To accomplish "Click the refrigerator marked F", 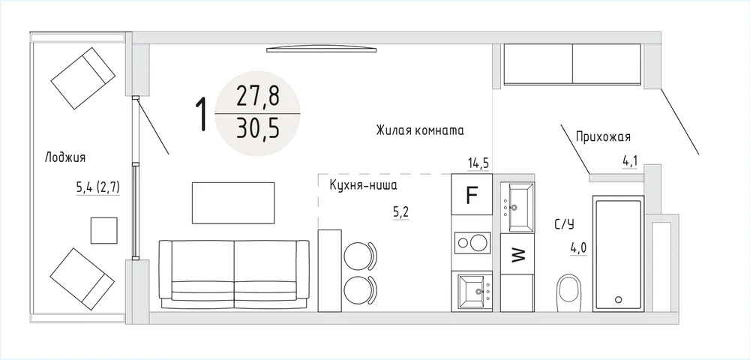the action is coord(472,194).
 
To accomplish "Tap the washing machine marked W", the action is coord(517,253).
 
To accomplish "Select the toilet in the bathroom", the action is coord(568,292).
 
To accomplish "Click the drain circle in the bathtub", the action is coord(619,300).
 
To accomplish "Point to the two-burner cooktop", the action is coord(472,242).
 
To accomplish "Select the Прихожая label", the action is coord(603,137).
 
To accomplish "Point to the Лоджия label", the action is coord(65,157).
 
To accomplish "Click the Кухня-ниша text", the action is coord(364,185).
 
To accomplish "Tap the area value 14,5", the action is coord(478,163).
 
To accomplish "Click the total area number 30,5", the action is coord(257,128).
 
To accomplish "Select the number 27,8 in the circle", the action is coord(257,97).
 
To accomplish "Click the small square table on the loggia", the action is coord(104,230).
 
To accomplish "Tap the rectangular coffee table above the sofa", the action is coord(233,202).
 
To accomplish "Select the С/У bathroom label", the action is coord(565,223).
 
